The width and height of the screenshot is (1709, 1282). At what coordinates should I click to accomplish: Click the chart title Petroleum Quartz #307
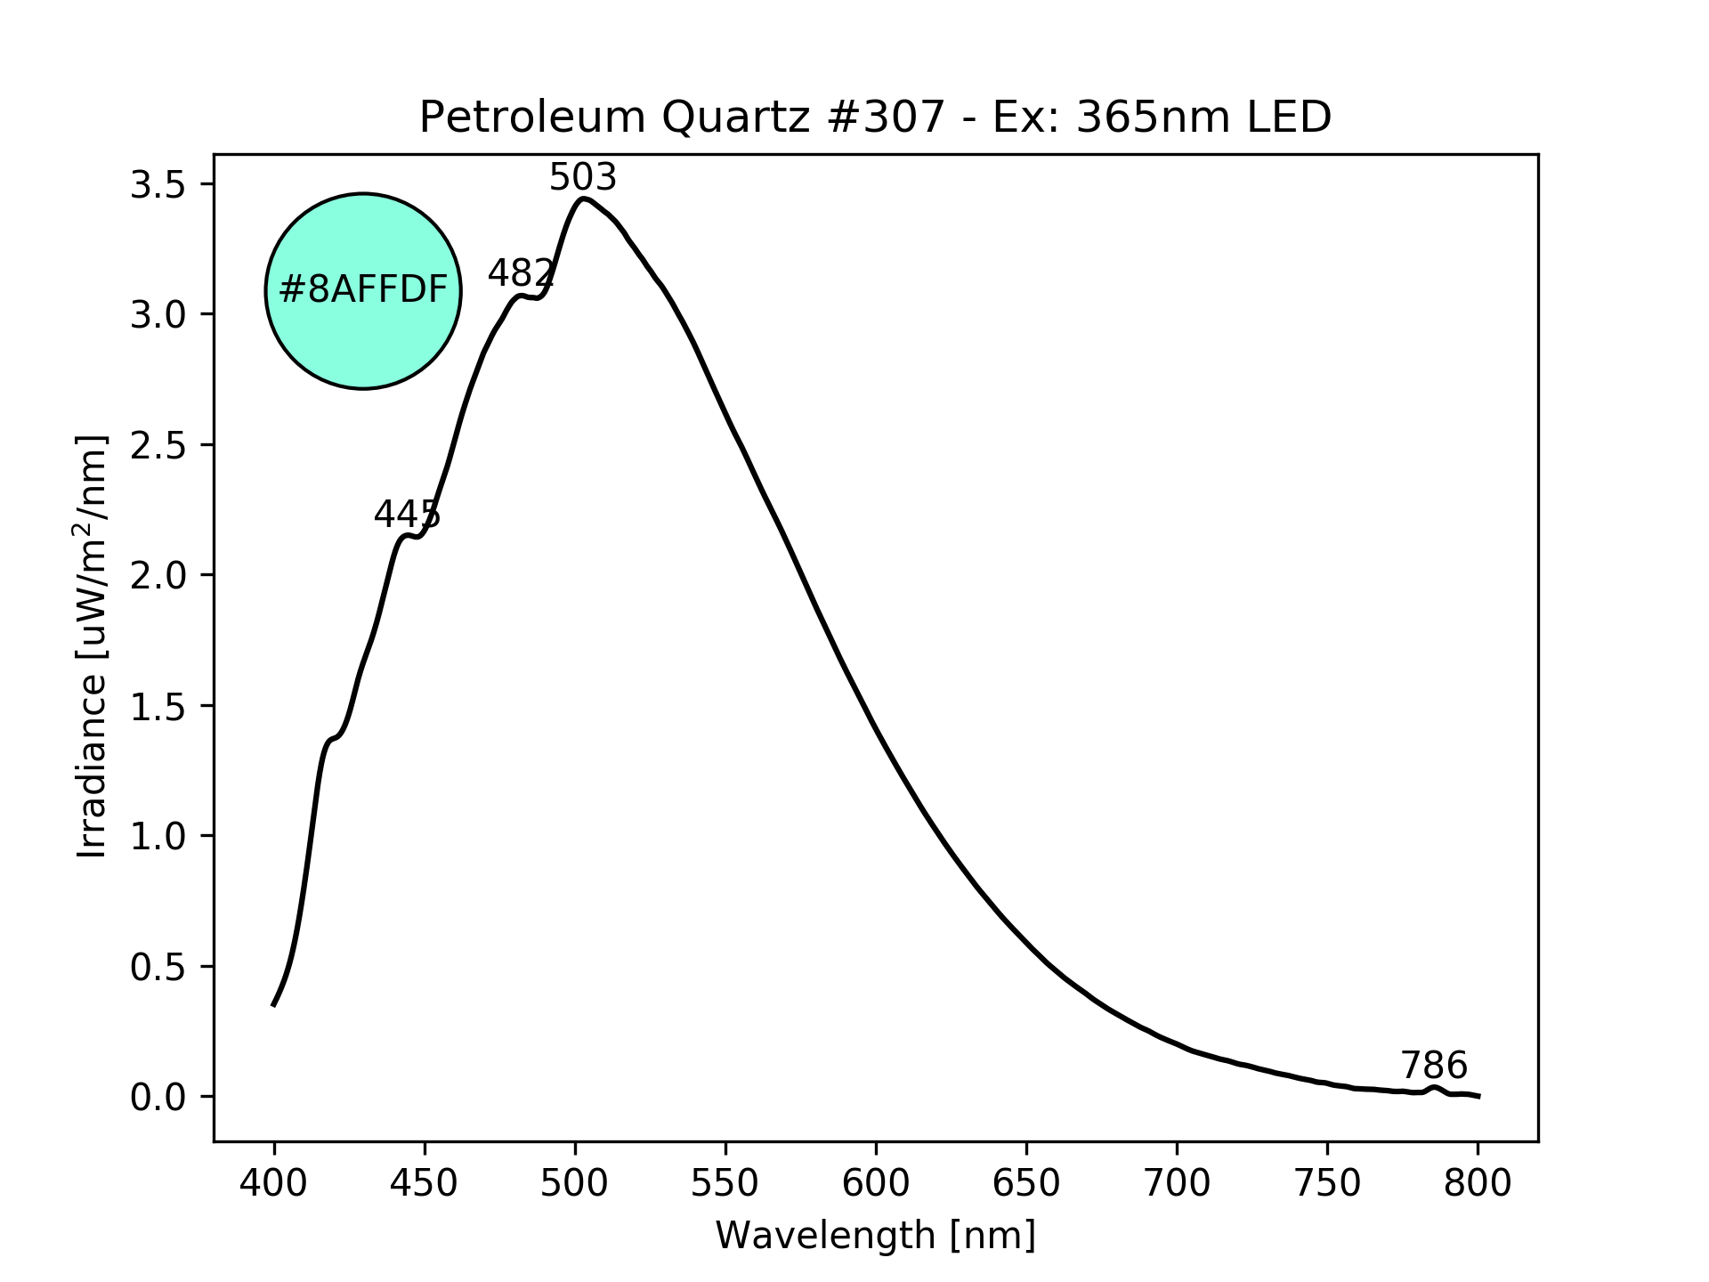coord(875,118)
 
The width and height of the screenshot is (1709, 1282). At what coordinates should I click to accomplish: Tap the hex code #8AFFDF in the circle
coord(363,290)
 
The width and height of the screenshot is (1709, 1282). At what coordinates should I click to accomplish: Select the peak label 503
coord(583,178)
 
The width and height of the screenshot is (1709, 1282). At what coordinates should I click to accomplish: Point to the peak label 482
coord(522,273)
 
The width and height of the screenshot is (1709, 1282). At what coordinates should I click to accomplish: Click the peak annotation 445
coord(407,515)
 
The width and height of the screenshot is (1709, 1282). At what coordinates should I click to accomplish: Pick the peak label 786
coord(1434,1066)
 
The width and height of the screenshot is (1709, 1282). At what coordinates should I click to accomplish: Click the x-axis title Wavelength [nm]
coord(875,1236)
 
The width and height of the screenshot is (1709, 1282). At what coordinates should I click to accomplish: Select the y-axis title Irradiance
coord(93,647)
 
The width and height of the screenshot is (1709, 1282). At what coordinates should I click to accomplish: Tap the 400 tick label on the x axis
coord(274,1183)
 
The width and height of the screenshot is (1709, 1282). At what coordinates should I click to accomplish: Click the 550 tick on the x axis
coord(725,1183)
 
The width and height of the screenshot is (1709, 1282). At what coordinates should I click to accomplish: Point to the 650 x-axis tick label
coord(1026,1183)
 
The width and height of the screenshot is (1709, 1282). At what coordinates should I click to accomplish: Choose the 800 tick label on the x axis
coord(1478,1183)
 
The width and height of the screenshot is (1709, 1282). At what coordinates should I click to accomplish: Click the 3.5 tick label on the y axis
coord(158,185)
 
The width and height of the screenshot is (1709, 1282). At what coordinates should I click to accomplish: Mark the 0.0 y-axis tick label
coord(158,1098)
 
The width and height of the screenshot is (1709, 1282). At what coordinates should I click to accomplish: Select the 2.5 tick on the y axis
coord(158,446)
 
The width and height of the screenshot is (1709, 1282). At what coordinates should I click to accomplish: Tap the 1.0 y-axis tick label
coord(158,837)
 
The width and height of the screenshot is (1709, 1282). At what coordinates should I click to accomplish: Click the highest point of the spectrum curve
coord(583,199)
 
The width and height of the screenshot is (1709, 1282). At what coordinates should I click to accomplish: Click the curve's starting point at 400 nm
coord(274,1005)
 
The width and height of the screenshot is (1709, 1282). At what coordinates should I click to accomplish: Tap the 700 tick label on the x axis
coord(1177,1183)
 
